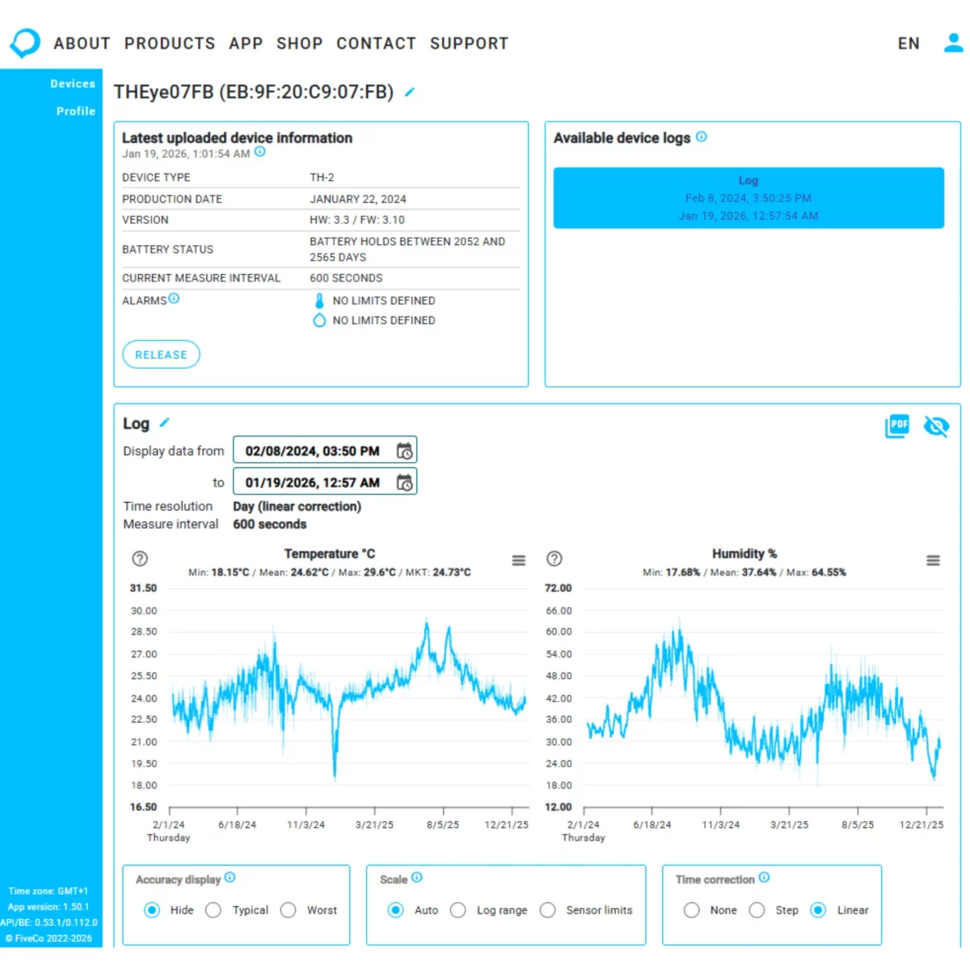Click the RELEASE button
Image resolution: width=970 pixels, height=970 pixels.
point(161,355)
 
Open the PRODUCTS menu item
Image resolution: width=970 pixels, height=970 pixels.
point(170,44)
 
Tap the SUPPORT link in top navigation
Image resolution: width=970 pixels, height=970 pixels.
point(469,44)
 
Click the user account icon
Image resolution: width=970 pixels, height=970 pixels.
point(953,43)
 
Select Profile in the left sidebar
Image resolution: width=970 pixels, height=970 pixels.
point(75,112)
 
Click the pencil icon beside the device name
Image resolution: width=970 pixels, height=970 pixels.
point(410,92)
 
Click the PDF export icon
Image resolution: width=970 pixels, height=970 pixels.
point(897,426)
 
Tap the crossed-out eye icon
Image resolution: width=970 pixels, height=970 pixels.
point(936,426)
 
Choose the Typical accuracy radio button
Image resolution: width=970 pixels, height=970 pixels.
point(213,910)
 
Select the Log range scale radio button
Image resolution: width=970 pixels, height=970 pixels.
point(458,910)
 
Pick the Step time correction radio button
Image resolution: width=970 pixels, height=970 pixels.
point(757,910)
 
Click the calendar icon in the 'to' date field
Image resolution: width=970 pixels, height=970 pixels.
point(404,483)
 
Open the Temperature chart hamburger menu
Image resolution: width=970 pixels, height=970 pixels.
point(519,560)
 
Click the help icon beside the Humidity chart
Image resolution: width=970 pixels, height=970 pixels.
point(555,559)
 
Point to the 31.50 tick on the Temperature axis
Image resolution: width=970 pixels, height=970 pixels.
point(143,588)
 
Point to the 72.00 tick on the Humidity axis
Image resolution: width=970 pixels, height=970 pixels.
point(558,588)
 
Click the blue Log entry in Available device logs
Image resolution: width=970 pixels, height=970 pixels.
point(749,198)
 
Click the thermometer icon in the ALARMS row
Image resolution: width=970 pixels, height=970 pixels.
point(319,301)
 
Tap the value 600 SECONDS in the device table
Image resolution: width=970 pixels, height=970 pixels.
point(346,278)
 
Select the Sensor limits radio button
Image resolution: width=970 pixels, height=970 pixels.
point(547,910)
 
